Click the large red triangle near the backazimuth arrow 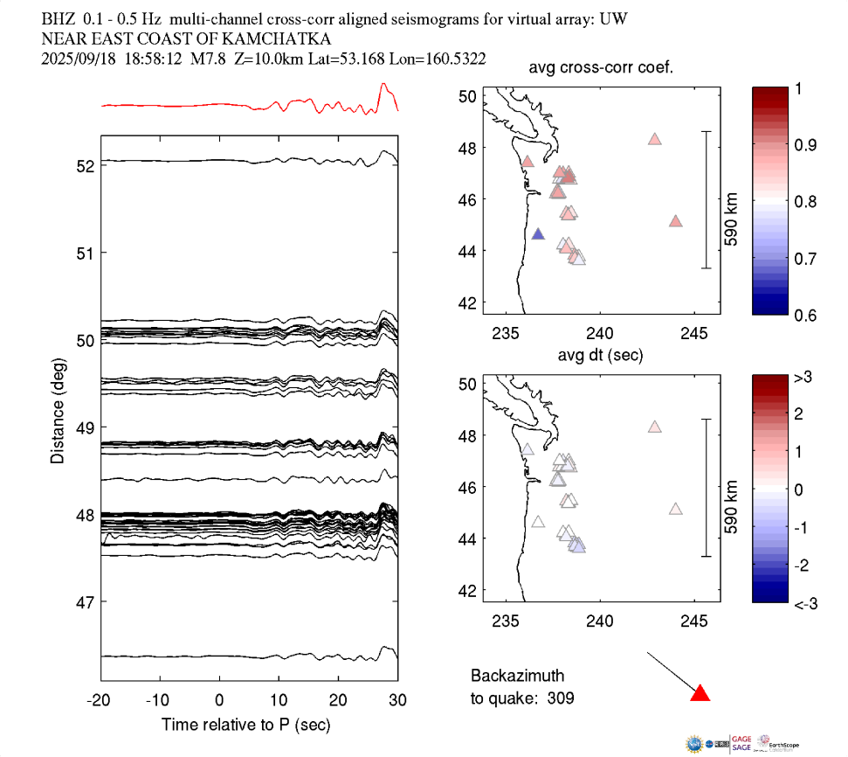tap(700, 693)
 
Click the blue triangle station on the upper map tap(538, 234)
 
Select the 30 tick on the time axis tap(398, 701)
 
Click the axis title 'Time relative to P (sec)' tap(246, 726)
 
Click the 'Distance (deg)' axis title tap(57, 411)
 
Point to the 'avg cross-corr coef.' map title tap(600, 70)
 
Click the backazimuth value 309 tap(562, 698)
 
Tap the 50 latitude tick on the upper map tap(467, 96)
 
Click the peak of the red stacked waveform tap(383, 84)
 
